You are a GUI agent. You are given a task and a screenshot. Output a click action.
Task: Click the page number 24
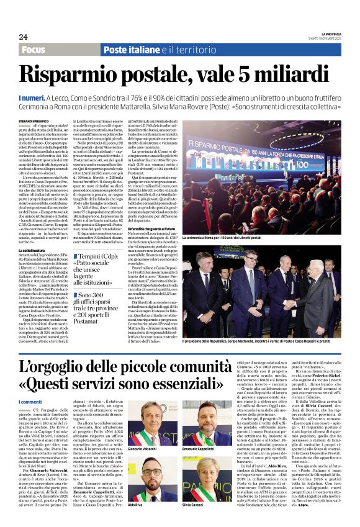pyautogui.click(x=23, y=36)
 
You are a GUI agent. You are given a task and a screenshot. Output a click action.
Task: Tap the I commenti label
pyautogui.click(x=31, y=402)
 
